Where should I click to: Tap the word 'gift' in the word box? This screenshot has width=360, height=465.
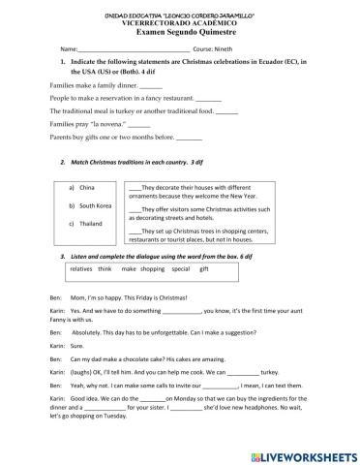coord(204,268)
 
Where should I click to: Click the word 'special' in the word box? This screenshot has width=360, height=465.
coord(180,268)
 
